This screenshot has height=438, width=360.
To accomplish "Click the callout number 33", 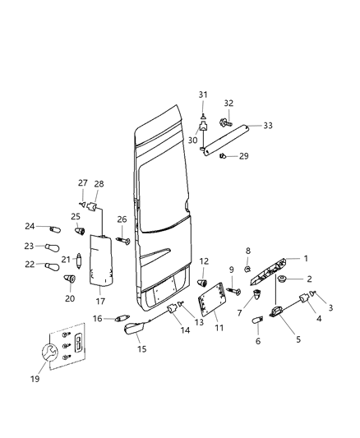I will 267,126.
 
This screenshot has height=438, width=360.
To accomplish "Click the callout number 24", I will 29,226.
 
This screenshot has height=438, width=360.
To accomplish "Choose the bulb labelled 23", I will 53,247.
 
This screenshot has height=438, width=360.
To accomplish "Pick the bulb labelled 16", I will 122,318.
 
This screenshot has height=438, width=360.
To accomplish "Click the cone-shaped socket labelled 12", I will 201,284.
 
